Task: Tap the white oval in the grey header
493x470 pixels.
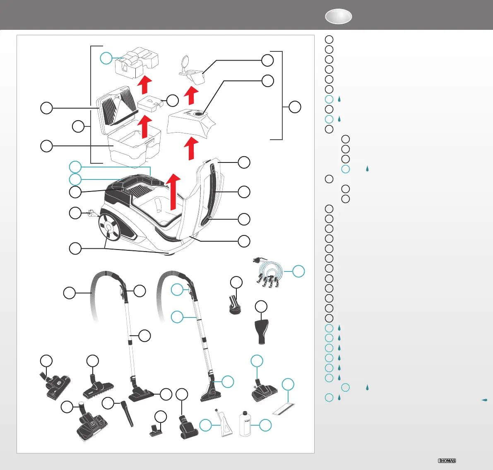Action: [x=338, y=16]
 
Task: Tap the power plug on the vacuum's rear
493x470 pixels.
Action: [x=91, y=214]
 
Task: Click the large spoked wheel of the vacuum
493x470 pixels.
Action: [x=108, y=228]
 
